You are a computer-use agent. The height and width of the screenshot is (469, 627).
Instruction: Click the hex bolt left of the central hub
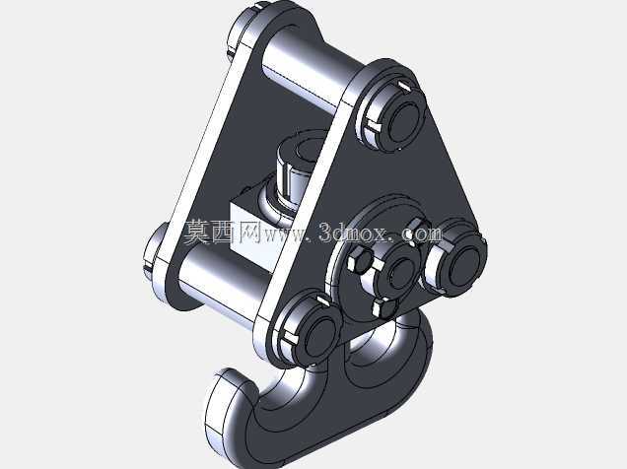click(359, 260)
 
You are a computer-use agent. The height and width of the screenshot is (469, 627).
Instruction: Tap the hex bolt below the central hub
click(383, 308)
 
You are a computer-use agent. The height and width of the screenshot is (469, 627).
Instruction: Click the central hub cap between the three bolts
click(399, 274)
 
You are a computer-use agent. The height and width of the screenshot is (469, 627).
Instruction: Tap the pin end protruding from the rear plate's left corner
click(156, 250)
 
